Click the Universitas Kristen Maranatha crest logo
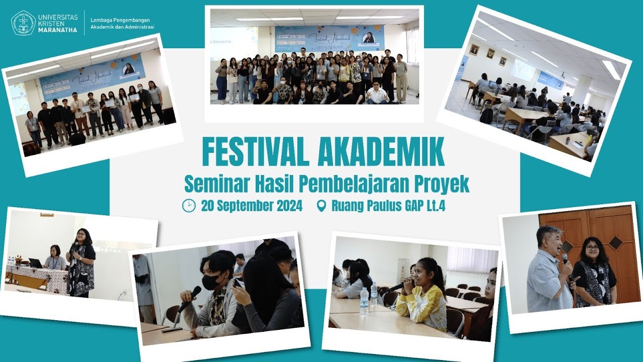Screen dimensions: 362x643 pos(23,23)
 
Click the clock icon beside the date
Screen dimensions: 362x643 pos(189,206)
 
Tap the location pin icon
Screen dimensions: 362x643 pos(321,206)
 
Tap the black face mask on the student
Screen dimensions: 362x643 pos(211,281)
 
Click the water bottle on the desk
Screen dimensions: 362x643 pos(364,302)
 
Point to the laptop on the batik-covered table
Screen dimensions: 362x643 pos(35,262)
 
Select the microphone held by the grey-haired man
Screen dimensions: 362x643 pos(565,259)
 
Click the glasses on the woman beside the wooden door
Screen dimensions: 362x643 pos(593,247)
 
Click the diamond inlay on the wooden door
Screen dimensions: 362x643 pos(616,242)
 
